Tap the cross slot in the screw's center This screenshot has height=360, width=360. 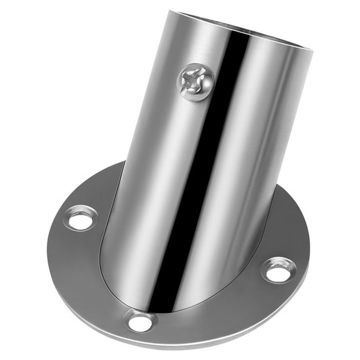point(196,82)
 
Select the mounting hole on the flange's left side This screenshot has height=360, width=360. point(81,218)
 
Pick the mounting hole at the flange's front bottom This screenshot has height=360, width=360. point(140,321)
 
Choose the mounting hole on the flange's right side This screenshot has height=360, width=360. point(278,270)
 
